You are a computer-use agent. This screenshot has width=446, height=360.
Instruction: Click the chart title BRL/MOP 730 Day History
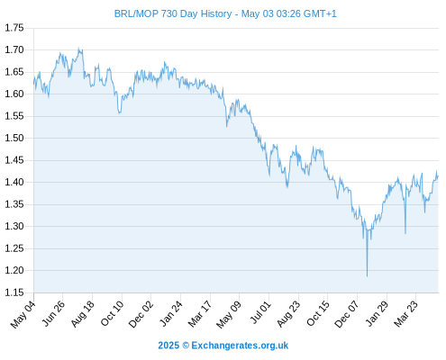173,13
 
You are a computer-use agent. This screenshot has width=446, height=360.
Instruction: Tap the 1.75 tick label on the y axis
14,28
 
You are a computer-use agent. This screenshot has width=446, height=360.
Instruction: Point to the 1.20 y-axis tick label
14,270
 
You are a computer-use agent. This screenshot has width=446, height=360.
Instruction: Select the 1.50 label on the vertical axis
14,138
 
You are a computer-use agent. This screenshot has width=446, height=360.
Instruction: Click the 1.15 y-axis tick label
14,292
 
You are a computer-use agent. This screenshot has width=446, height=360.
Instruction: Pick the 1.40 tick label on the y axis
14,182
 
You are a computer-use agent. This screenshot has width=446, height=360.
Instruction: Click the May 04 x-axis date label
23,314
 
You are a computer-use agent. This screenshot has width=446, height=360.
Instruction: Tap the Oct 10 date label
112,313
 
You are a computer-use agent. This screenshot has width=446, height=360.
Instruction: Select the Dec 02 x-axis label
141,314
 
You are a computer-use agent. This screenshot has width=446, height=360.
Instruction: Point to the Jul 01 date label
260,313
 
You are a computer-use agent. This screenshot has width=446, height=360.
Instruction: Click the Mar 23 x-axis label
405,314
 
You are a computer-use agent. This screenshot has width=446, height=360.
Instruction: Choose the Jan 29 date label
377,314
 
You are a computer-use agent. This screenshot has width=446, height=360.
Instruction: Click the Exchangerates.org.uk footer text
240,346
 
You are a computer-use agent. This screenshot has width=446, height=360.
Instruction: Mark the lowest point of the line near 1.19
367,276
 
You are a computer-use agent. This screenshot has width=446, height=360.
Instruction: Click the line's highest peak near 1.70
78,48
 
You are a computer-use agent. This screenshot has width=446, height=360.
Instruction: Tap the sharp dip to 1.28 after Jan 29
405,233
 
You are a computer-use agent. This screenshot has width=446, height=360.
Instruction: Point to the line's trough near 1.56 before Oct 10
120,113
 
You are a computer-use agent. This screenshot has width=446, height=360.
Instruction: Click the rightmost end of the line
438,176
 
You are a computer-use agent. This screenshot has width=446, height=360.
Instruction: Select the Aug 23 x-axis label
288,314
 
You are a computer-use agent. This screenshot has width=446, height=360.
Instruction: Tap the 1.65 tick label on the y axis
14,72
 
